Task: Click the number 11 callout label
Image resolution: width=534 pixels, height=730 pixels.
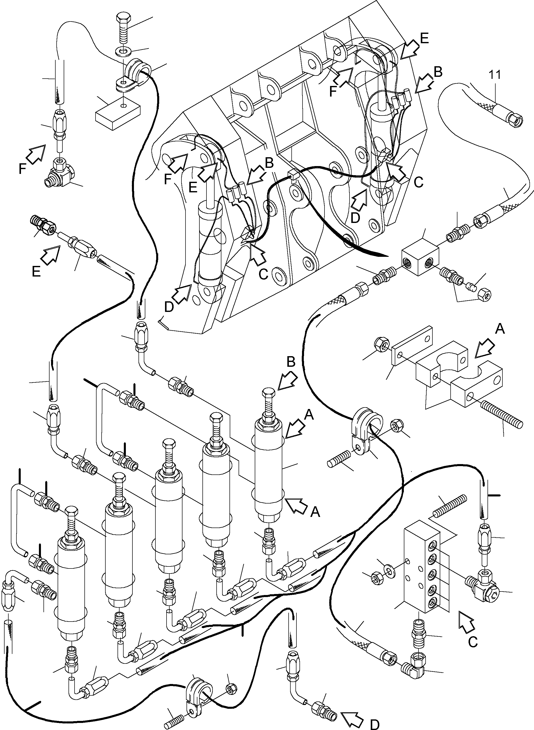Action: [x=495, y=75]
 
